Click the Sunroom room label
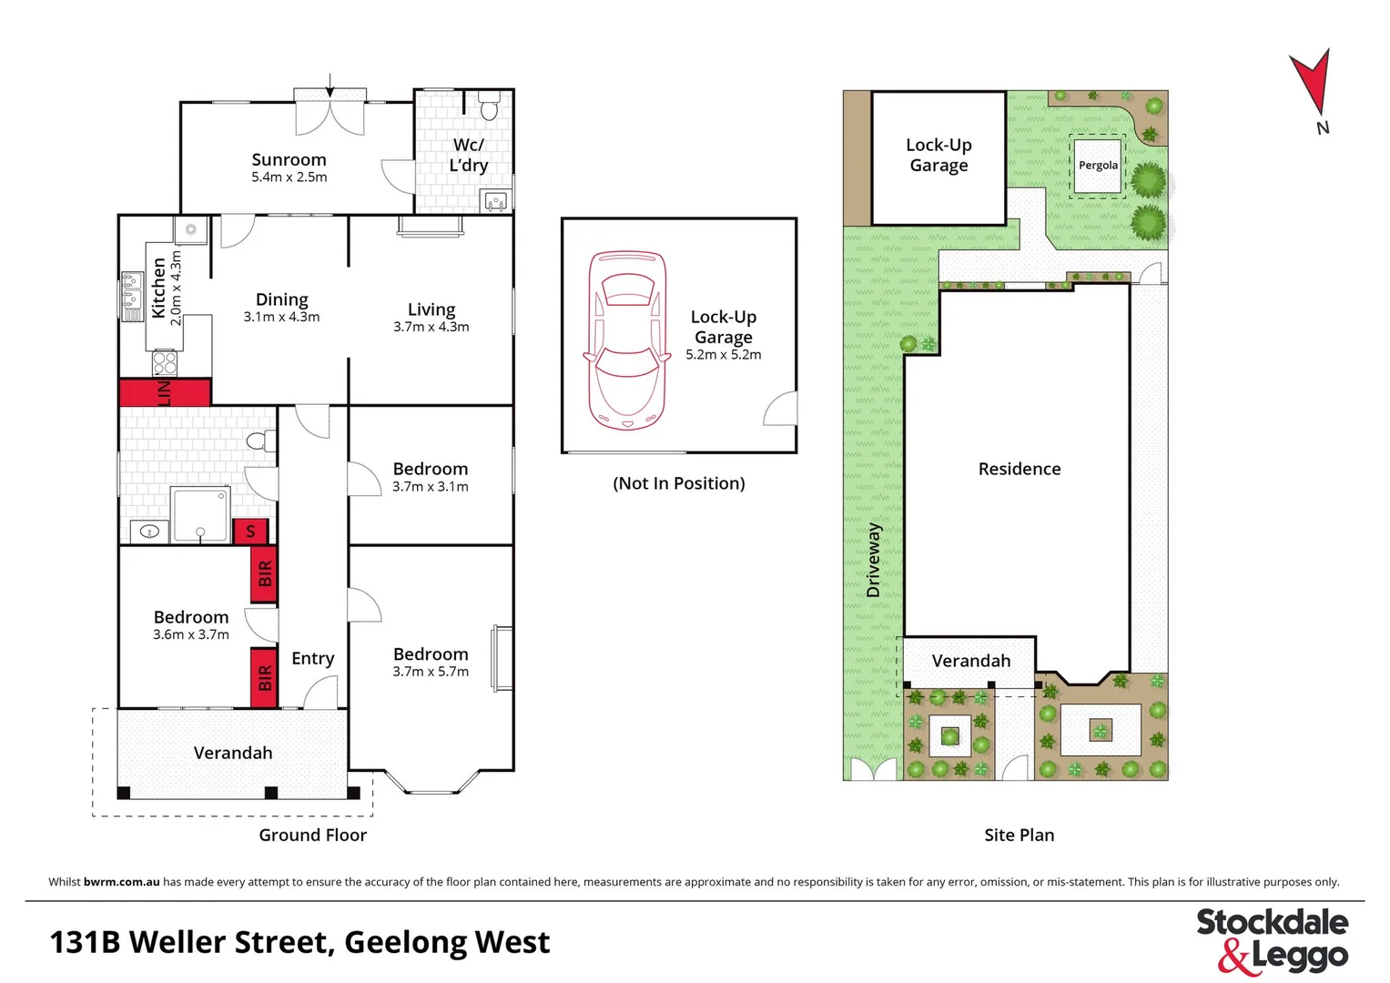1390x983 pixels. coord(289,159)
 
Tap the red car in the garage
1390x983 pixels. coord(626,340)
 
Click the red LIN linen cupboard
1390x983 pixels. coord(165,392)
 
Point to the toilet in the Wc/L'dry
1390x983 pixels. coord(489,108)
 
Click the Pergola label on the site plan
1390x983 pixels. coord(1098,165)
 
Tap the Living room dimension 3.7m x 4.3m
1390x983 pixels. coord(431,327)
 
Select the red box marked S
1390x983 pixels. coord(250,531)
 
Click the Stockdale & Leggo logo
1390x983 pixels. coord(1272,939)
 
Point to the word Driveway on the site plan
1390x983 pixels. coord(874,559)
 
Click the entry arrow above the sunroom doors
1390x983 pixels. coord(330,85)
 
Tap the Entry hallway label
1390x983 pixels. coord(312,658)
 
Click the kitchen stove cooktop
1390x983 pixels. coord(165,363)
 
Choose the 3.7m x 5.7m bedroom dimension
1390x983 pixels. coord(431,672)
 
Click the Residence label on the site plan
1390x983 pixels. coord(1019,469)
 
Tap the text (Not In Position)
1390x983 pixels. coord(678,483)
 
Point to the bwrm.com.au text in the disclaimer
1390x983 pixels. coord(121,882)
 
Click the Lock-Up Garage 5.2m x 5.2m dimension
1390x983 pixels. coord(723,355)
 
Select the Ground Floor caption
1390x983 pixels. coord(312,835)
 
